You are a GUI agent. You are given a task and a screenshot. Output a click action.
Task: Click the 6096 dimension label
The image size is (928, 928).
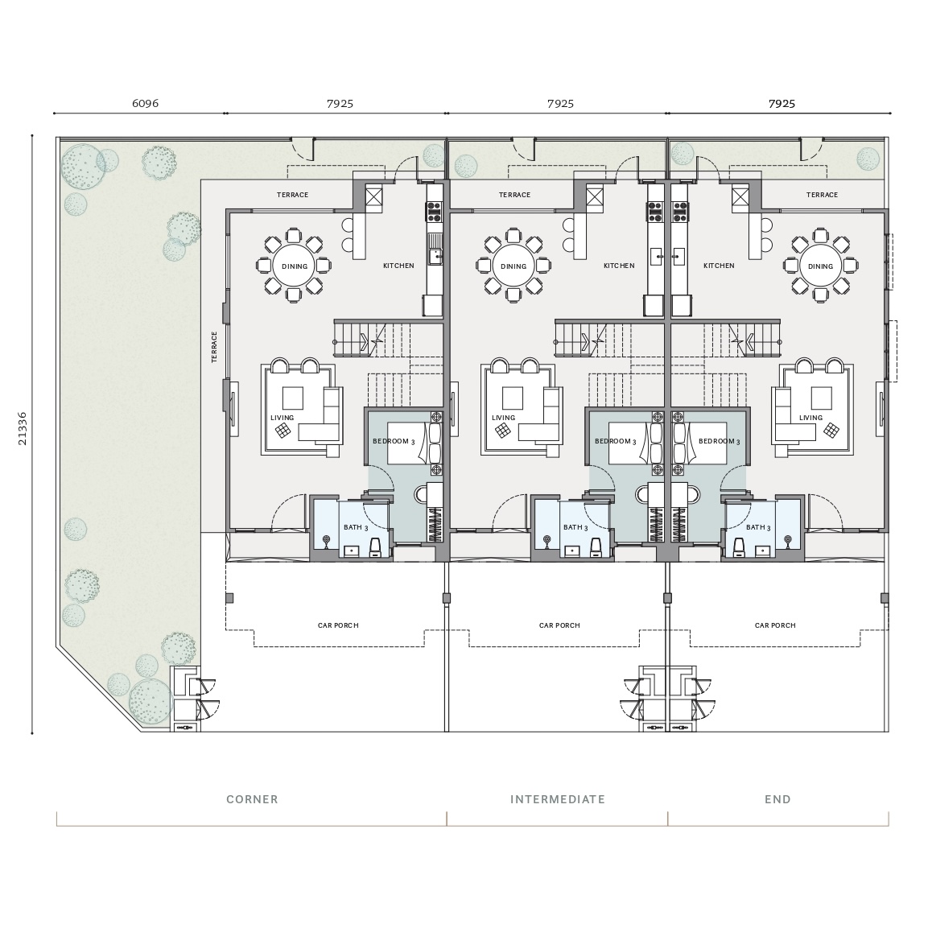point(145,103)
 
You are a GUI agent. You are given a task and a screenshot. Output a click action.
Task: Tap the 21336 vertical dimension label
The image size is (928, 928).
point(23,428)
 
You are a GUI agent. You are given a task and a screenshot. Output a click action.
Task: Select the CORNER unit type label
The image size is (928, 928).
point(252,799)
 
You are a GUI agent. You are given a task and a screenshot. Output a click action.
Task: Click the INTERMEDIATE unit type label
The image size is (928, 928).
point(558,799)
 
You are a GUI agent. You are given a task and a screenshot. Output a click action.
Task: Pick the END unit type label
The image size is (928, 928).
point(777,799)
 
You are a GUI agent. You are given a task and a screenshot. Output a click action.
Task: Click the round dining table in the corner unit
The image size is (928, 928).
point(294,266)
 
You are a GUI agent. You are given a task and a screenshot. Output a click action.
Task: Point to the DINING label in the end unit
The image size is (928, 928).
point(820,266)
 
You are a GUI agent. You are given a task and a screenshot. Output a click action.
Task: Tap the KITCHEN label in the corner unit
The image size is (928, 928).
point(398,266)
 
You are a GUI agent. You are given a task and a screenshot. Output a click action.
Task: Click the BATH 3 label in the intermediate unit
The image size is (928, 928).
point(575,527)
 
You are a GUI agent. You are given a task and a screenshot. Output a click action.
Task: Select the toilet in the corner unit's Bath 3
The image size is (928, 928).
point(375,547)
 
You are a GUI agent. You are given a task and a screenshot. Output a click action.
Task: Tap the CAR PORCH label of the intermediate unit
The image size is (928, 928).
point(559,625)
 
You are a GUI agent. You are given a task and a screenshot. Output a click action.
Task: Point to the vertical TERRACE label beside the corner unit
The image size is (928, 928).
point(214,347)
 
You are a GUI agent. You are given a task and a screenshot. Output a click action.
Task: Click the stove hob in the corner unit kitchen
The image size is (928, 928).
point(434,210)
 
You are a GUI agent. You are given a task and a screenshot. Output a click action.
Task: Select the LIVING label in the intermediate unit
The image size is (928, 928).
point(503,417)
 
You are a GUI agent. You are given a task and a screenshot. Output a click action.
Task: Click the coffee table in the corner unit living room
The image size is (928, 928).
point(292,398)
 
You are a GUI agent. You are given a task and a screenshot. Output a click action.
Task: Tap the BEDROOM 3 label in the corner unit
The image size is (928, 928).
point(394,442)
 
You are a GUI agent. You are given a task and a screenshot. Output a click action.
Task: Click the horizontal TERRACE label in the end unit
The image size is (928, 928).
point(822,195)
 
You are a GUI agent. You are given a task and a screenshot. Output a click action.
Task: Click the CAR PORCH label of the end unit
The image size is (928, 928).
point(775,625)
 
